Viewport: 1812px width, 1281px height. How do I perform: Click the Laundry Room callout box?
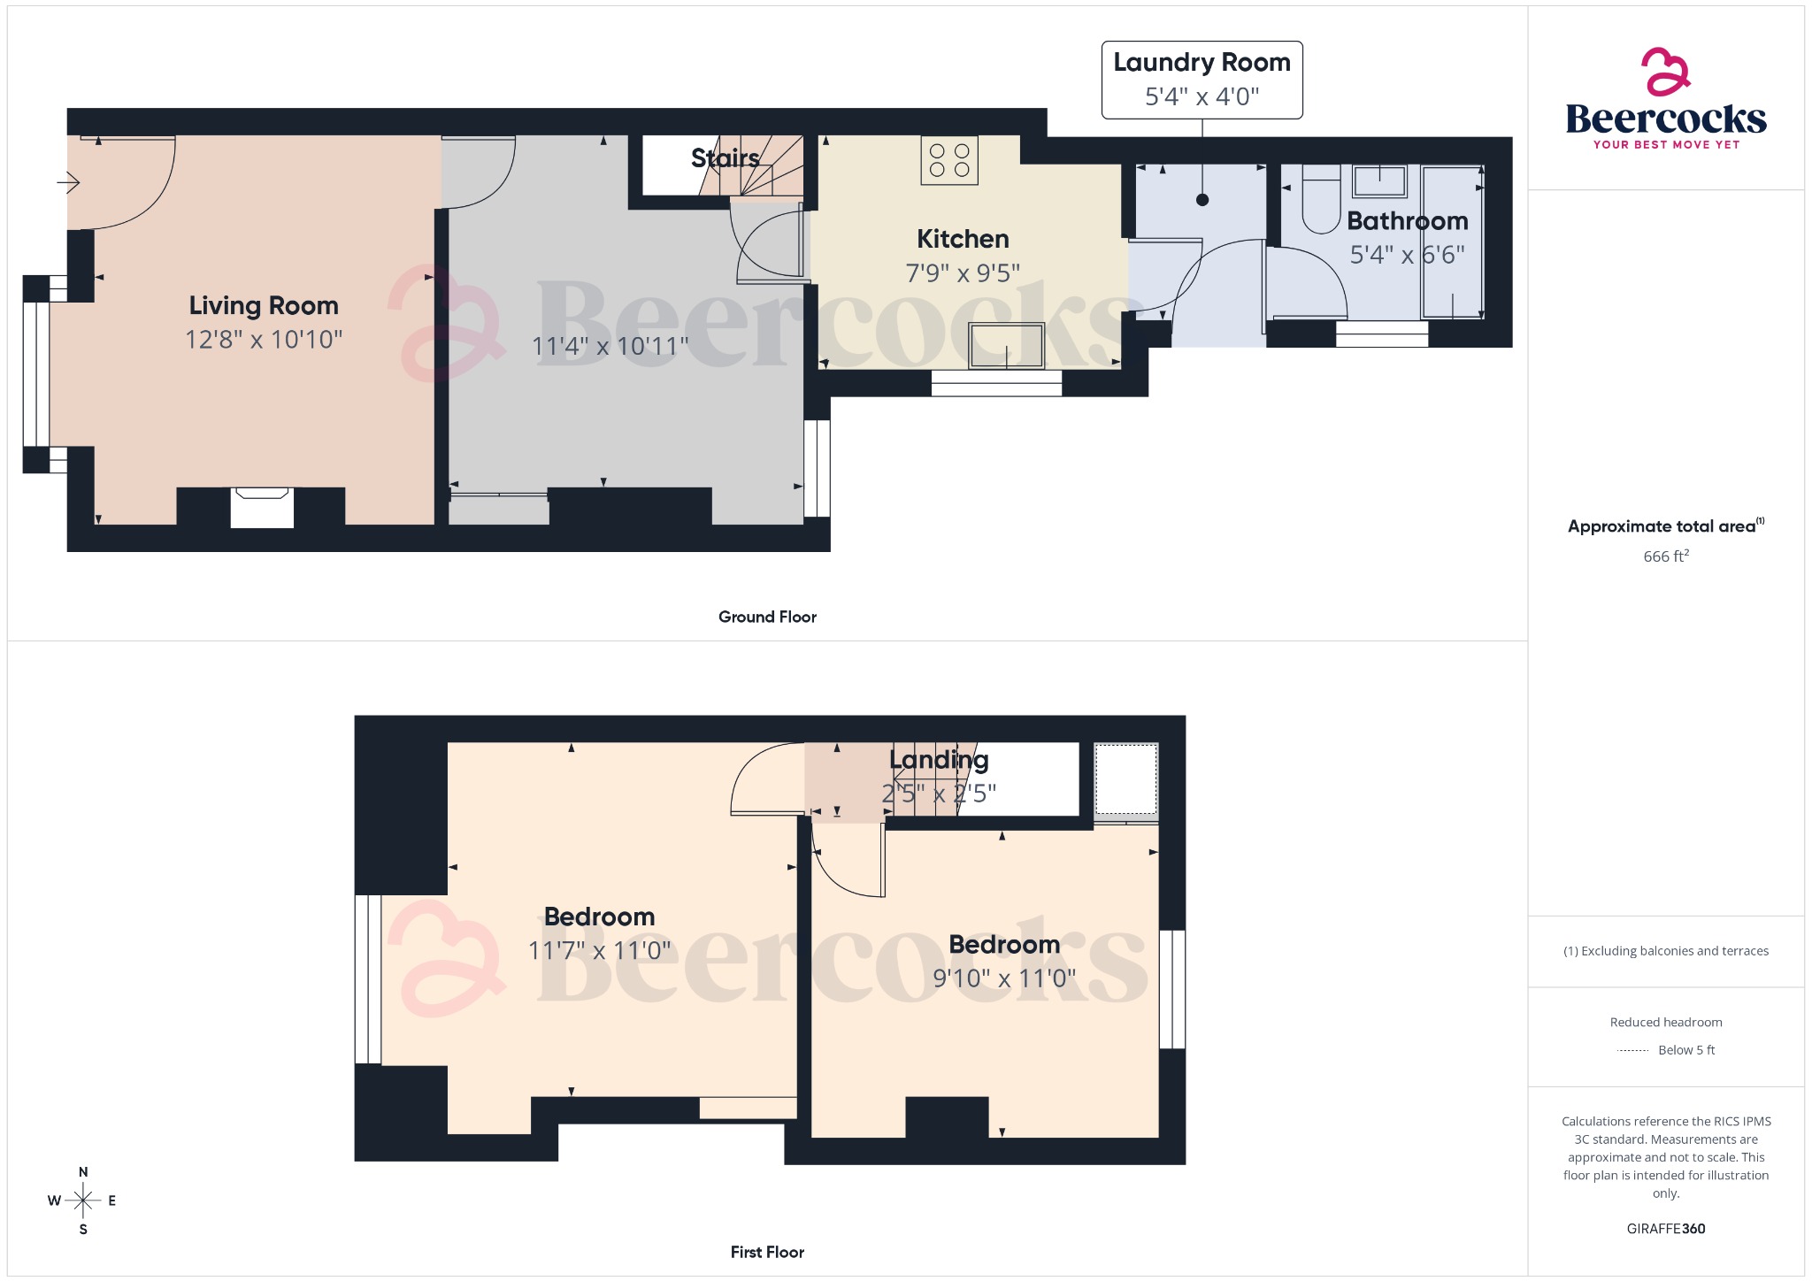click(1202, 80)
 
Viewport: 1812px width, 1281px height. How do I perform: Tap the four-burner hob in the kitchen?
click(949, 160)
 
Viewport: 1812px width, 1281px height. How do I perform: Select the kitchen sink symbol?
click(1007, 345)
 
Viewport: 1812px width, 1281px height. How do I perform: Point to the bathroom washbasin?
click(1379, 181)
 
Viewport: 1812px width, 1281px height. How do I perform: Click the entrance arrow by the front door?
click(69, 183)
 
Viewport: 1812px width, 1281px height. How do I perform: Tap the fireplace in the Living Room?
click(262, 506)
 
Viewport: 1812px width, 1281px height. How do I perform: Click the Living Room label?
click(264, 306)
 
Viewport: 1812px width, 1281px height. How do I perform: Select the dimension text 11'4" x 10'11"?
click(610, 346)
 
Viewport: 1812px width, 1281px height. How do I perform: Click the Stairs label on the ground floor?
click(725, 158)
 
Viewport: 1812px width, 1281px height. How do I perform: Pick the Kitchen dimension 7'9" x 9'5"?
click(963, 273)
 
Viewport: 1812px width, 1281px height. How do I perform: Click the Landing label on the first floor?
click(939, 760)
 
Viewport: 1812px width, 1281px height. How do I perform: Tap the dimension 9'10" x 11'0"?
click(1004, 978)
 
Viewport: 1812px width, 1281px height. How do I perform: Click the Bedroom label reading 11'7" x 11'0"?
click(599, 917)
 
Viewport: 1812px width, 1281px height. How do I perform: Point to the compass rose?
click(83, 1200)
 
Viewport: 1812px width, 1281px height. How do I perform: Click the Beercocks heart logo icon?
click(1666, 72)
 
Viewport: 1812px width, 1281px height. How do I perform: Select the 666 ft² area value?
click(1666, 556)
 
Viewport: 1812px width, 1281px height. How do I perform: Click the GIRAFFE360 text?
click(1666, 1229)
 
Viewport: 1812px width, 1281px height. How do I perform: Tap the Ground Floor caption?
click(767, 617)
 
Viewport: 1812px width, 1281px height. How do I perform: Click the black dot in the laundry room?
click(1202, 200)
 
